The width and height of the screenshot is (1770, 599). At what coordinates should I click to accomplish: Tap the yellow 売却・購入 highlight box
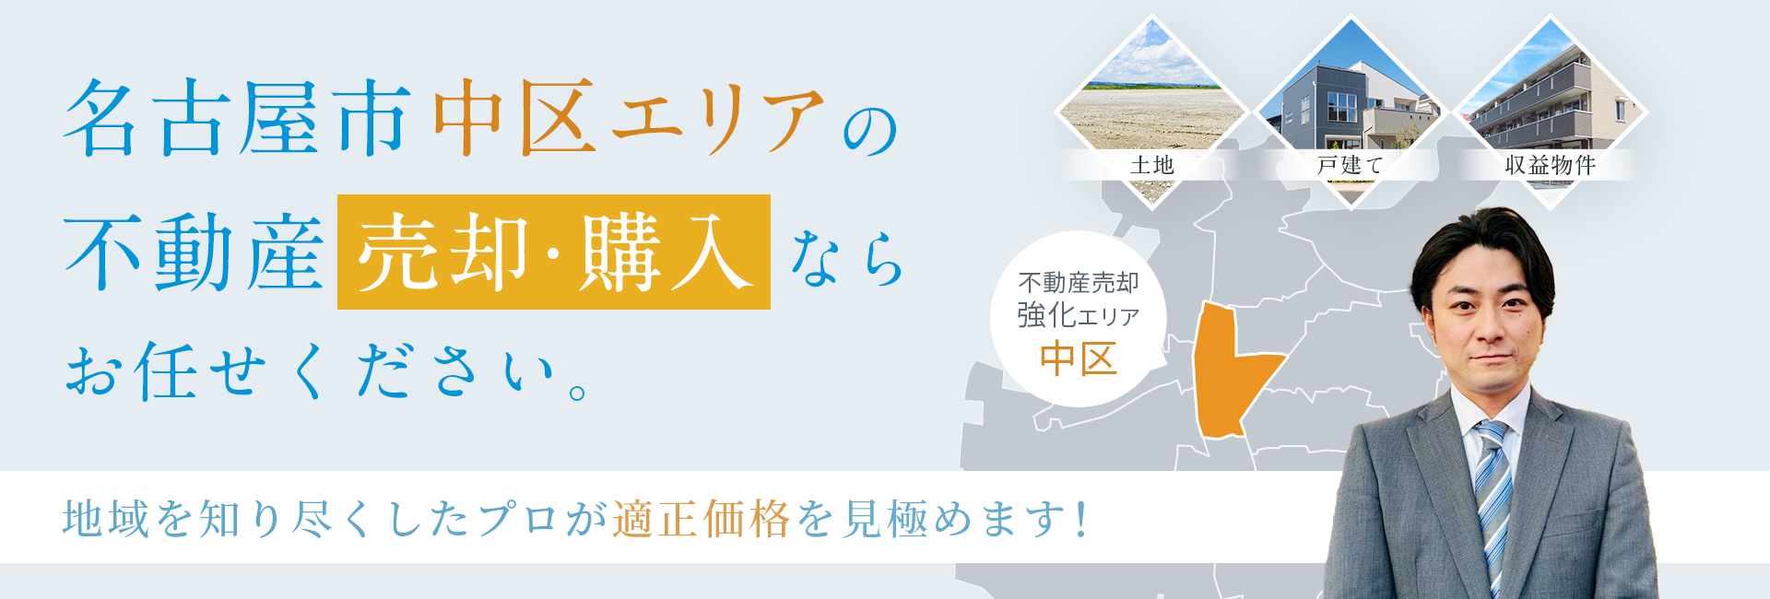pos(554,252)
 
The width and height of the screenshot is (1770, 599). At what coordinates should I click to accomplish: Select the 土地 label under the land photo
pos(1151,165)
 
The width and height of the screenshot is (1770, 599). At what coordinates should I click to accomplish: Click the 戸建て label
pos(1351,165)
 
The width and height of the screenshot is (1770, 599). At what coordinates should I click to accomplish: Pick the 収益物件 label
pos(1550,165)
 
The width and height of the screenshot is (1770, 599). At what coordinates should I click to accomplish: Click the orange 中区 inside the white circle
pos(1079,358)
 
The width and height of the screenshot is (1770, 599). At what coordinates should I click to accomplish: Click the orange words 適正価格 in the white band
pos(702,518)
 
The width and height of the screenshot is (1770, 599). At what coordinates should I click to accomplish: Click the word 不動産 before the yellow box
pos(194,253)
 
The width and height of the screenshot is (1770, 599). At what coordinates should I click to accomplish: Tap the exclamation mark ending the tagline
pos(1081,519)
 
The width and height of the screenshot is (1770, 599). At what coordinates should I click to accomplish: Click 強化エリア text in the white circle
pos(1079,315)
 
